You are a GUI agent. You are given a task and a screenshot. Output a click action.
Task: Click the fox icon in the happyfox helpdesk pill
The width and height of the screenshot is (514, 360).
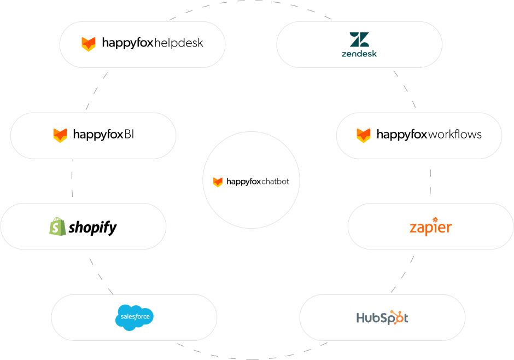pyautogui.click(x=89, y=44)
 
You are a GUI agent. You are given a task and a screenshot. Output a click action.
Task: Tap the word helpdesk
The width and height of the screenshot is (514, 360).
pyautogui.click(x=179, y=43)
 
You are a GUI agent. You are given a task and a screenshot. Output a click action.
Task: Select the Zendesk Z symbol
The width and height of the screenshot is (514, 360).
pyautogui.click(x=359, y=39)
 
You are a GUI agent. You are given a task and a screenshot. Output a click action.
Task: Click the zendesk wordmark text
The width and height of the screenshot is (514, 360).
pyautogui.click(x=359, y=54)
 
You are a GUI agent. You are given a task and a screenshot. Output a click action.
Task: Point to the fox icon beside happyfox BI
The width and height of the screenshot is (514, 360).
pyautogui.click(x=60, y=135)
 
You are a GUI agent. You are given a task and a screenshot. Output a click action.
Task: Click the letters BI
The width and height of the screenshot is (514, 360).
pyautogui.click(x=128, y=134)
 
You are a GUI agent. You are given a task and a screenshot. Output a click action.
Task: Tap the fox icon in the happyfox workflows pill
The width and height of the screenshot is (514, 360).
pyautogui.click(x=364, y=135)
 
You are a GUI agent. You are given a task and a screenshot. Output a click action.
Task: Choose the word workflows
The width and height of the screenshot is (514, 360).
pyautogui.click(x=455, y=134)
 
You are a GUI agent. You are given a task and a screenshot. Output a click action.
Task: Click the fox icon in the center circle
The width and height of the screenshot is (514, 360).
pyautogui.click(x=218, y=182)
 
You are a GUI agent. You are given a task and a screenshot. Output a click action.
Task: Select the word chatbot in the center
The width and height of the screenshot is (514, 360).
pyautogui.click(x=275, y=181)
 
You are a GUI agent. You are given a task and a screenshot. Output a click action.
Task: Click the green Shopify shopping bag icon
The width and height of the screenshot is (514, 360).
pyautogui.click(x=57, y=227)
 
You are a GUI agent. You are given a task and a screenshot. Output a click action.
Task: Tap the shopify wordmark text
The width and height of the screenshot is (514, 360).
pyautogui.click(x=92, y=227)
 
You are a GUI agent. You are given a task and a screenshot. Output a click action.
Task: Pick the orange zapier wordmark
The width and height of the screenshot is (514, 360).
pyautogui.click(x=430, y=228)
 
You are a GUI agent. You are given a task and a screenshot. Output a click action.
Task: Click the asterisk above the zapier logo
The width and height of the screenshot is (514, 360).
pyautogui.click(x=435, y=219)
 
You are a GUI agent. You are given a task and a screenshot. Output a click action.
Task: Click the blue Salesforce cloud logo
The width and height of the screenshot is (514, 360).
pyautogui.click(x=135, y=318)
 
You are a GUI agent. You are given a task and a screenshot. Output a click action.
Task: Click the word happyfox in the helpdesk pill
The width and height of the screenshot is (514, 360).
pyautogui.click(x=128, y=43)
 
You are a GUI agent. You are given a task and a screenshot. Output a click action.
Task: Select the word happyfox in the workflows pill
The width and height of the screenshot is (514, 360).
pyautogui.click(x=402, y=135)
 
